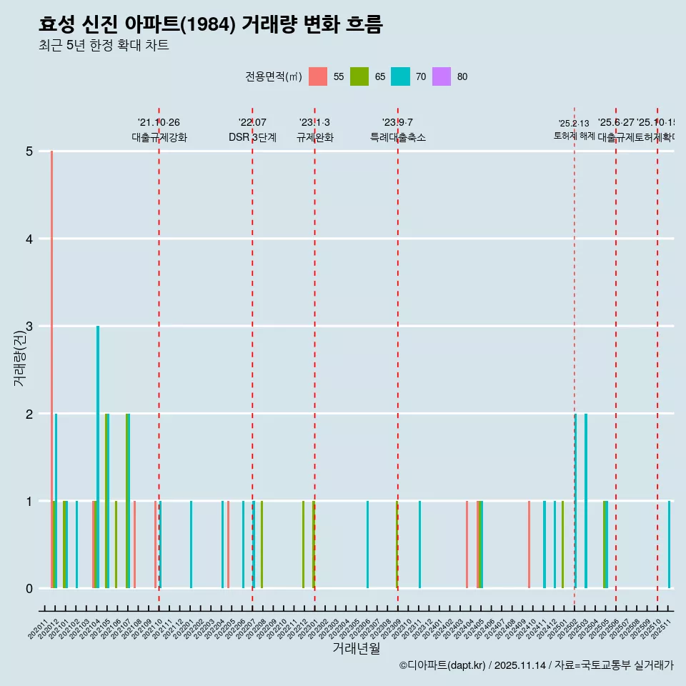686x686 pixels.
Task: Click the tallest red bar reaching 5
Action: click(x=51, y=369)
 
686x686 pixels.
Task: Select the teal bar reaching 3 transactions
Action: click(x=98, y=457)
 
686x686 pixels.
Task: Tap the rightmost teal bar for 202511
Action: click(x=669, y=545)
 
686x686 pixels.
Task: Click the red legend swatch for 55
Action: click(x=318, y=76)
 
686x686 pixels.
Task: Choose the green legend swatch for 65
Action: click(x=359, y=76)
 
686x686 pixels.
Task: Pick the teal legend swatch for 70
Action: click(x=401, y=76)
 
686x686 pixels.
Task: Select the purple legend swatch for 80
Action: click(x=442, y=76)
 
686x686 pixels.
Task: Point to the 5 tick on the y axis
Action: click(x=29, y=151)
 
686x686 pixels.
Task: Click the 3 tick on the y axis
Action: click(x=29, y=327)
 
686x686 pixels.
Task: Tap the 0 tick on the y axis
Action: click(x=29, y=589)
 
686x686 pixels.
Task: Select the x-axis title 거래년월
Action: click(x=356, y=648)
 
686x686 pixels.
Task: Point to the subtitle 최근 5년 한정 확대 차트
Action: click(x=104, y=46)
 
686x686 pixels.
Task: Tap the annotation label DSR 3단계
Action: click(x=252, y=137)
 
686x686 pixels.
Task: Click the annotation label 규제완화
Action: click(x=314, y=137)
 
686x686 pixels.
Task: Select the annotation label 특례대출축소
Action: click(x=397, y=137)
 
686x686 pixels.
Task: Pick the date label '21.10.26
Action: click(x=159, y=123)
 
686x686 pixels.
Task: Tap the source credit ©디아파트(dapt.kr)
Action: click(x=443, y=665)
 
